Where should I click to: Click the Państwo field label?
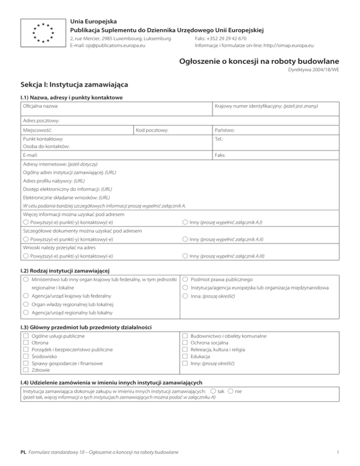pos(225,130)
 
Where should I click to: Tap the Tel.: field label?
pos(219,139)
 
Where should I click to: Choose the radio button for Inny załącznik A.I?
pos(185,222)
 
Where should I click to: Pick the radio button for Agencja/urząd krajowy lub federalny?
pos(26,296)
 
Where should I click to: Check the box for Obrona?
pos(26,343)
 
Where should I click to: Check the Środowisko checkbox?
pos(26,356)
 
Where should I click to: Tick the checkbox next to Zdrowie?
pos(26,370)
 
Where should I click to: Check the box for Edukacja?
pos(185,356)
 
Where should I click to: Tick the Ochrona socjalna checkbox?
pos(185,343)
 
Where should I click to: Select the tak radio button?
pos(213,391)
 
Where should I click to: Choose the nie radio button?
pos(230,391)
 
